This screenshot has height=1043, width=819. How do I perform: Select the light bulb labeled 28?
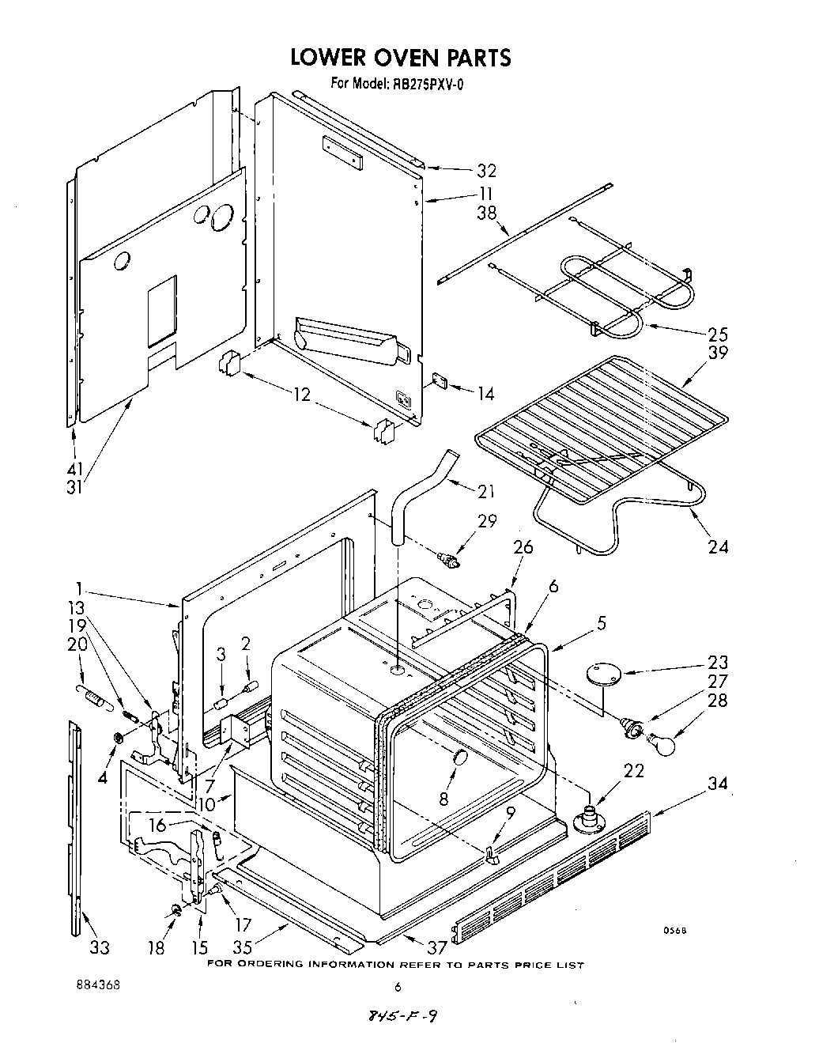[666, 743]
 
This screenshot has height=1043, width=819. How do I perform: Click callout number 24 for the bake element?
[718, 546]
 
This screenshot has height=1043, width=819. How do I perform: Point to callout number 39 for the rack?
[718, 353]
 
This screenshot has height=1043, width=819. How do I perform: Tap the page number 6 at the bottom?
[398, 986]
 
